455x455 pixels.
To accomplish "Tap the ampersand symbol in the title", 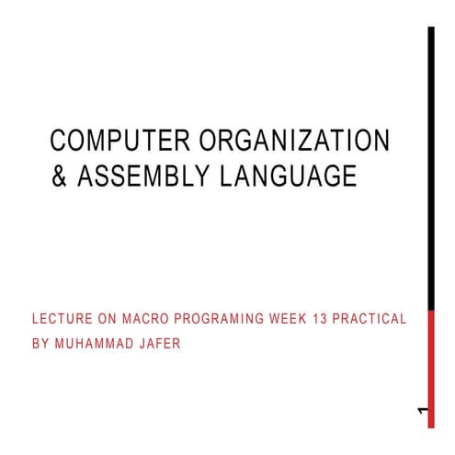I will (x=59, y=175).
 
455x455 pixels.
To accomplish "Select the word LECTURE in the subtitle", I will (x=63, y=319).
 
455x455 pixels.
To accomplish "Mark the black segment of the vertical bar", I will (x=431, y=165).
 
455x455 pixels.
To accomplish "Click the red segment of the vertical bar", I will (x=431, y=368).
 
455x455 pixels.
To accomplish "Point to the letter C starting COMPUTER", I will (x=59, y=141).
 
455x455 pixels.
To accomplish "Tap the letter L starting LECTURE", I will (x=35, y=319).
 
